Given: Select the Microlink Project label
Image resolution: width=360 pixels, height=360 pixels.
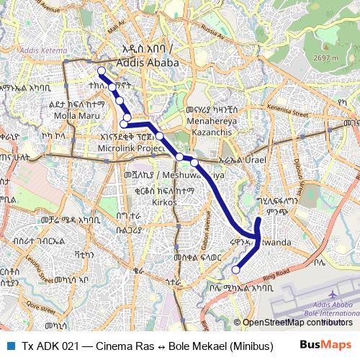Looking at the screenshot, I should [132, 148].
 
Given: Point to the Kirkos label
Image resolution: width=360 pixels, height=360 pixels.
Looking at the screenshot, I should [150, 203].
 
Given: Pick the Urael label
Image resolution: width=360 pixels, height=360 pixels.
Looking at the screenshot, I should [255, 159].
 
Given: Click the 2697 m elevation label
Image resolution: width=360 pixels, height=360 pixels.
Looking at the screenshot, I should [325, 58].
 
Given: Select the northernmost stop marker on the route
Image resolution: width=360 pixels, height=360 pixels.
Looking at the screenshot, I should [102, 71].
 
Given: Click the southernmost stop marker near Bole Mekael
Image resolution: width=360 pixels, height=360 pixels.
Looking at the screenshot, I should [235, 269].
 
